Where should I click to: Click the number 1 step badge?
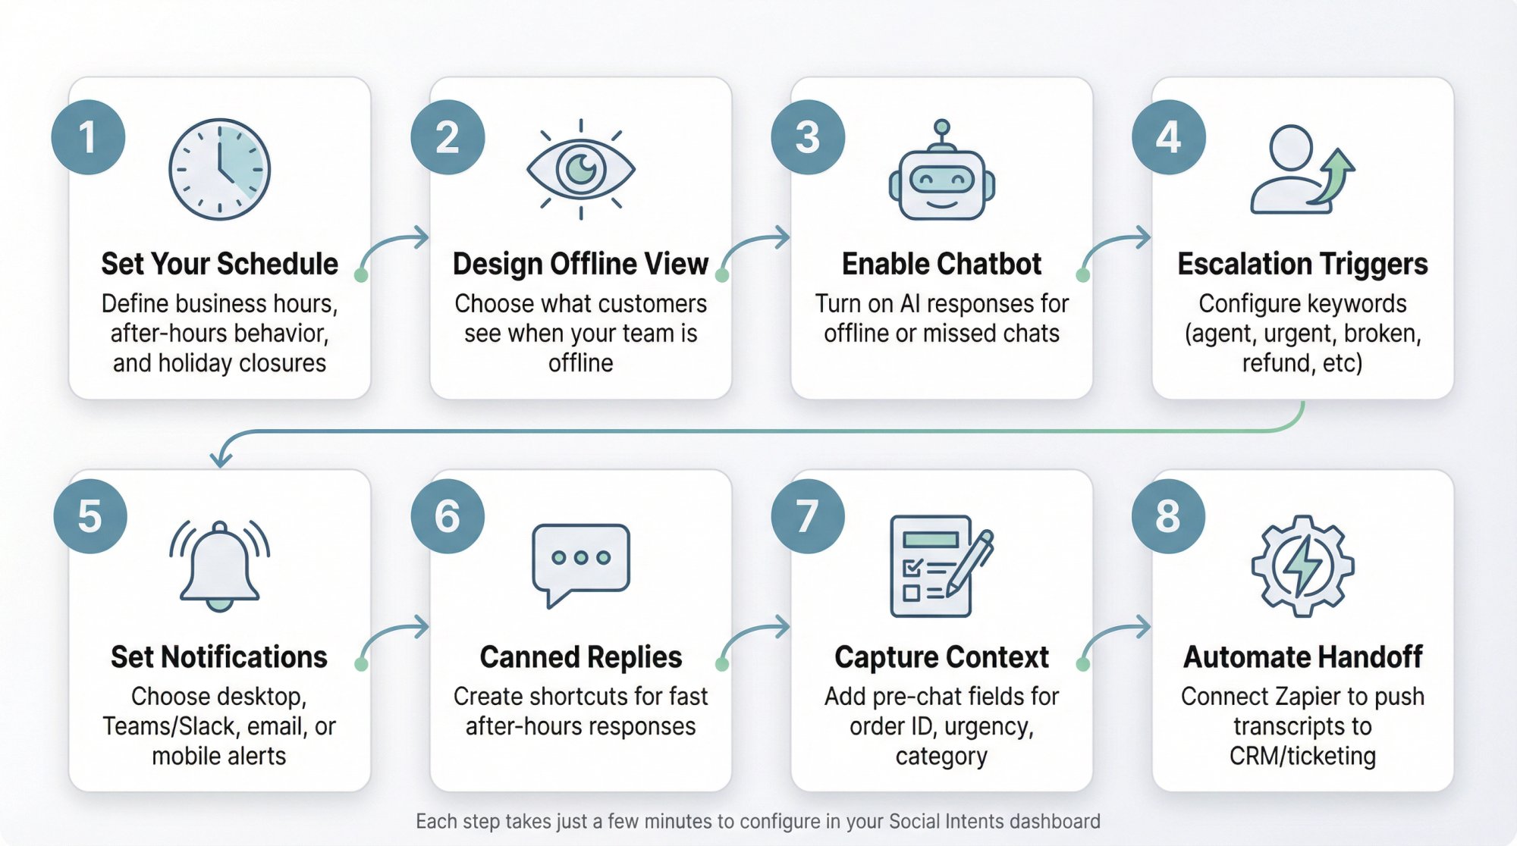[x=88, y=137]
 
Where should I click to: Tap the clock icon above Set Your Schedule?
[x=219, y=169]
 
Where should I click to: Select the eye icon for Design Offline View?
[x=580, y=169]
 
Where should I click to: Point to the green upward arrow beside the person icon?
[x=1336, y=174]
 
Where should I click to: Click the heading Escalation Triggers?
[x=1302, y=264]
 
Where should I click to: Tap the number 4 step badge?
[x=1168, y=137]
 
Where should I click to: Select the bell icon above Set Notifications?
[x=219, y=565]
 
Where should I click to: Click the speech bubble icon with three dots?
[x=580, y=561]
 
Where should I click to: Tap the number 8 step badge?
[x=1168, y=516]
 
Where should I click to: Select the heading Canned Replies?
[x=580, y=656]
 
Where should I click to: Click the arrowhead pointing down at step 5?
[x=220, y=459]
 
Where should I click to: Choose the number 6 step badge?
[x=448, y=516]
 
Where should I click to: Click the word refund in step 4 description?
[x=1268, y=363]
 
